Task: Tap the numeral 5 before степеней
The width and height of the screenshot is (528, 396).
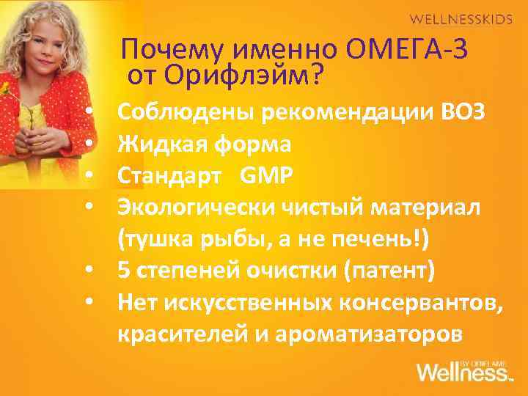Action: [123, 271]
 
